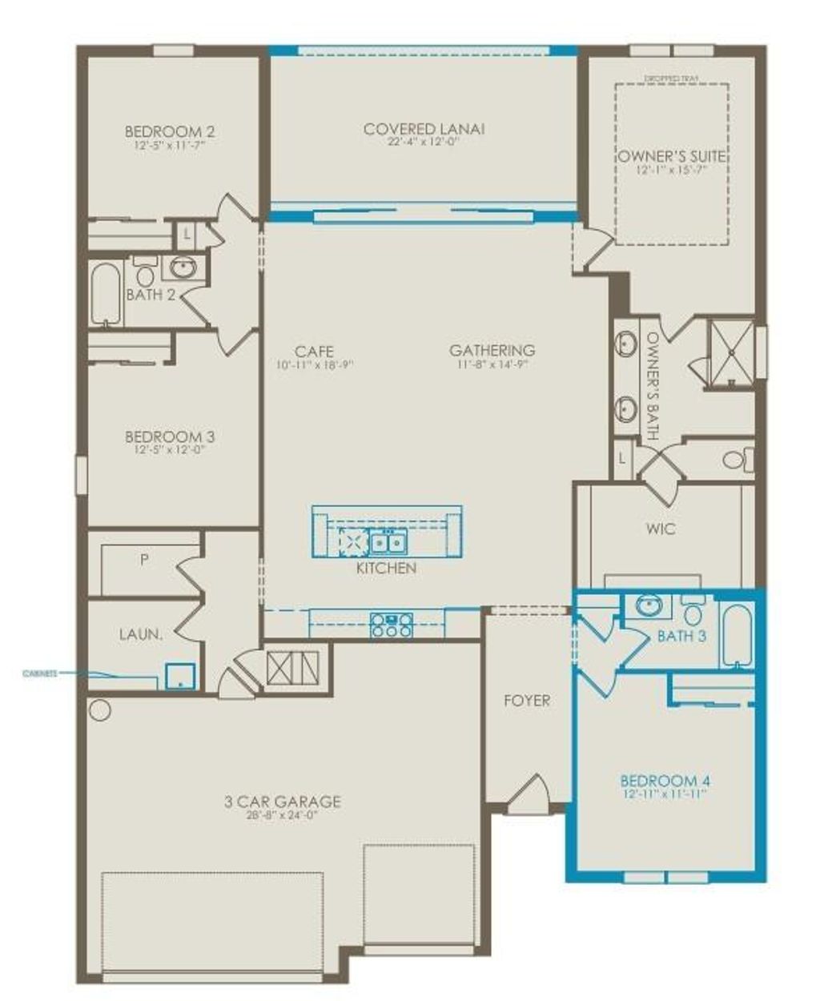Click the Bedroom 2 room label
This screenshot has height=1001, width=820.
pyautogui.click(x=169, y=131)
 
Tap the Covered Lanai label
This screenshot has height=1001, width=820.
pyautogui.click(x=424, y=129)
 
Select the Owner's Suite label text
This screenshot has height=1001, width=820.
pyautogui.click(x=671, y=157)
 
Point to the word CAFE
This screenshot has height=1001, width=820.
pyautogui.click(x=314, y=352)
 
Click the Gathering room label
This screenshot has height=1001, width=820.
pyautogui.click(x=492, y=350)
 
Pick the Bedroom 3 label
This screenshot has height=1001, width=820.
pyautogui.click(x=170, y=437)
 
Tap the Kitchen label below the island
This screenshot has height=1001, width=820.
pyautogui.click(x=386, y=568)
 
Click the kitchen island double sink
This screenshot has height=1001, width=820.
pyautogui.click(x=387, y=543)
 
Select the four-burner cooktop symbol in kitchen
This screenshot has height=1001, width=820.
pyautogui.click(x=391, y=625)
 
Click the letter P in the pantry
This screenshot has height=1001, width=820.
pyautogui.click(x=144, y=561)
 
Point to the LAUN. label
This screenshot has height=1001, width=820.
pyautogui.click(x=141, y=634)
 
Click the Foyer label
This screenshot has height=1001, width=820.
pyautogui.click(x=526, y=701)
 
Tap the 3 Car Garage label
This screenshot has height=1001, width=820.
pyautogui.click(x=283, y=802)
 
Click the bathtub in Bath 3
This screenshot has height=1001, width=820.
pyautogui.click(x=736, y=635)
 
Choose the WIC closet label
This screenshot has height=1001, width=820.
pyautogui.click(x=661, y=529)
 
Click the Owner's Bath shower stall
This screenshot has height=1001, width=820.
pyautogui.click(x=730, y=353)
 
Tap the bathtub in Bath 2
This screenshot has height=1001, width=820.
pyautogui.click(x=105, y=292)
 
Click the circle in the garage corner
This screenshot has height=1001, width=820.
pyautogui.click(x=99, y=710)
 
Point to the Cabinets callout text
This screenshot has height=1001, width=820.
pyautogui.click(x=39, y=674)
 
